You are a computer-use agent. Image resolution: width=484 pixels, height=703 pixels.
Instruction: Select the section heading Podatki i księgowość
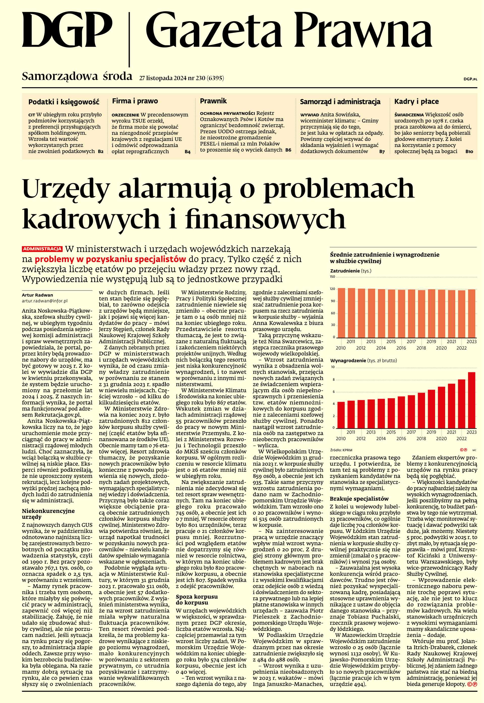click(64, 102)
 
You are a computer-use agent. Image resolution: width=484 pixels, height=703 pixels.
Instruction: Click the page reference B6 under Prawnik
click(288, 150)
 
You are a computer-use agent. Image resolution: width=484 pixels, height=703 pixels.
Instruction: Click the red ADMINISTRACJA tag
click(42, 249)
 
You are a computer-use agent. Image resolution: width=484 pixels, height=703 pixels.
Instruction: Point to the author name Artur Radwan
click(37, 295)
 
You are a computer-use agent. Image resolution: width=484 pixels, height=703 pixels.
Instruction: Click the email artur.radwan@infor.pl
click(45, 301)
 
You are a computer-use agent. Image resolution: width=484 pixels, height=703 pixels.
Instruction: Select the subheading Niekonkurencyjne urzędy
click(44, 514)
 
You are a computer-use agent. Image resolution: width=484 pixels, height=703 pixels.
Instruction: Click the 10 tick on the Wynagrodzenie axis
click(333, 367)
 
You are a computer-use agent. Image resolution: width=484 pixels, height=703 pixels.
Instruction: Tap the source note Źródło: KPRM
click(341, 450)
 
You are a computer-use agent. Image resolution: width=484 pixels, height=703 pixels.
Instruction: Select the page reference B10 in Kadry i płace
click(469, 151)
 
